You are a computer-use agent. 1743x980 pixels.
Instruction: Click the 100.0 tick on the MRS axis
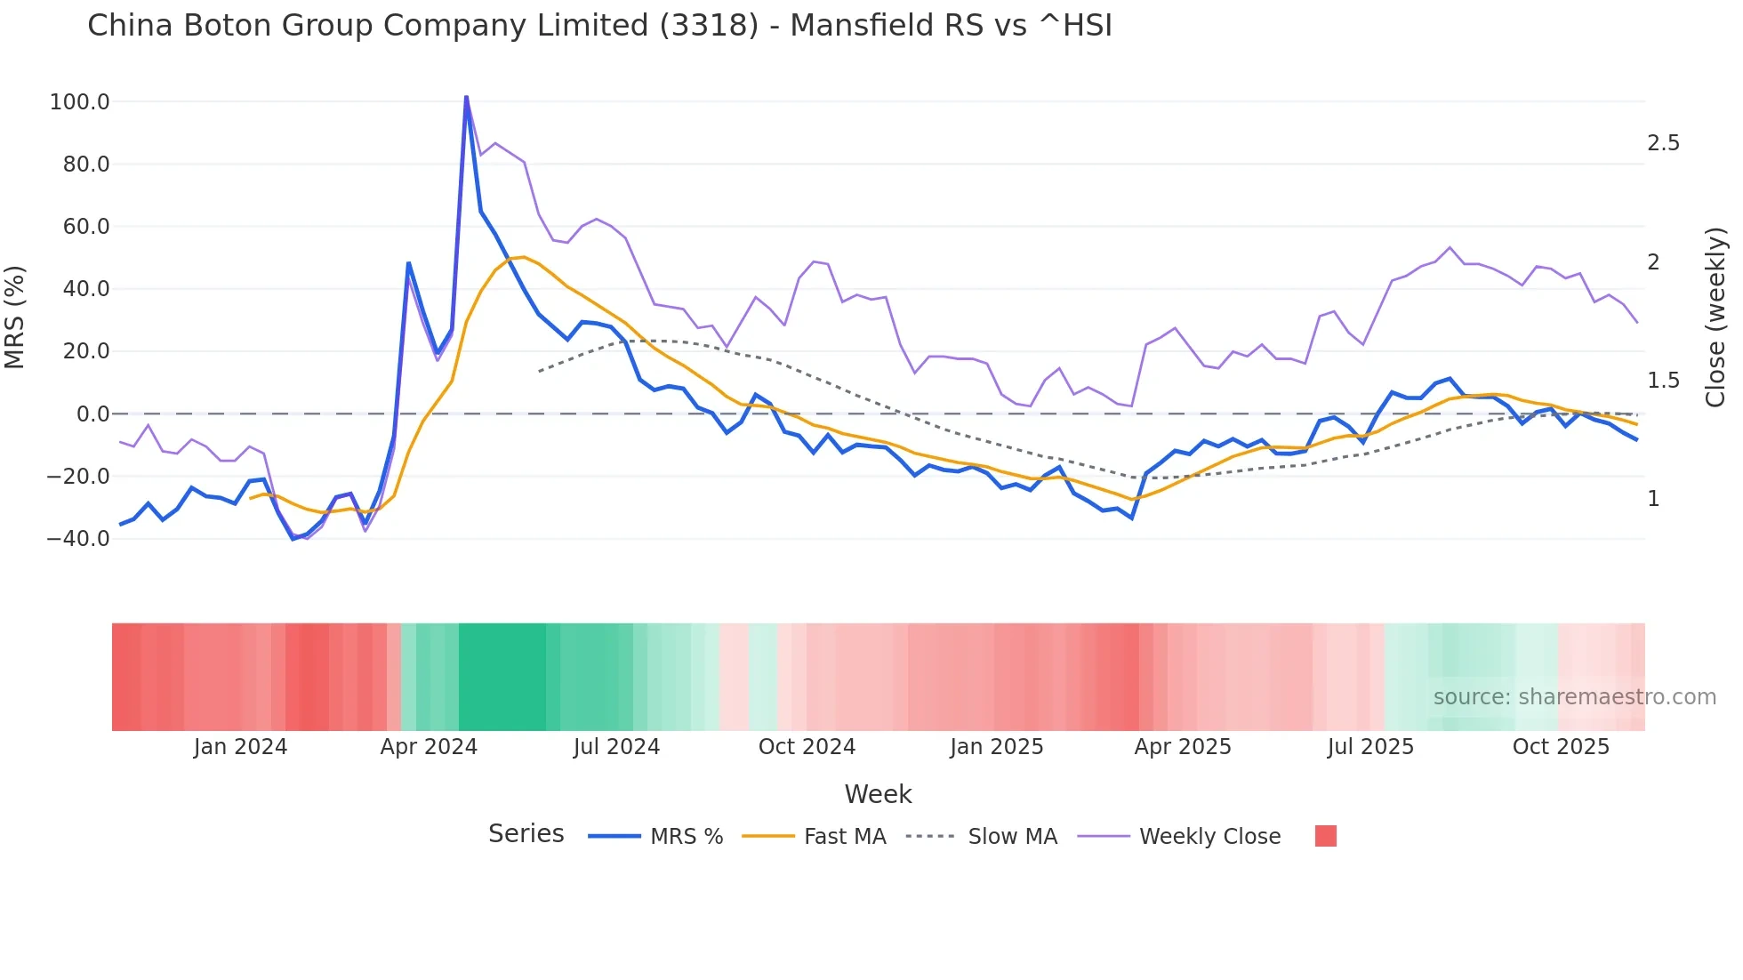80,102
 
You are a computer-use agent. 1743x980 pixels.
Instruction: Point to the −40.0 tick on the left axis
78,539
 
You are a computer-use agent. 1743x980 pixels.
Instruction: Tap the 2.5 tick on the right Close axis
1663,143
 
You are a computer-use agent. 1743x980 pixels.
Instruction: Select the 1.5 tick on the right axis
1663,381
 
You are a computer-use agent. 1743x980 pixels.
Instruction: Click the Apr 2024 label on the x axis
429,747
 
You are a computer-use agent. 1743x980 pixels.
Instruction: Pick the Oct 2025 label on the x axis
1561,747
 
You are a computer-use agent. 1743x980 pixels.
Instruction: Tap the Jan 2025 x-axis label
996,747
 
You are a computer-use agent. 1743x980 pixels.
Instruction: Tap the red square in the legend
1325,836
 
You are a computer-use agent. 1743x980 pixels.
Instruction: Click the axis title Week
878,794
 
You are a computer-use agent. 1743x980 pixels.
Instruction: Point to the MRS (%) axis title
15,317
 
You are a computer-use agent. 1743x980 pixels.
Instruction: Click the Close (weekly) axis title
1715,317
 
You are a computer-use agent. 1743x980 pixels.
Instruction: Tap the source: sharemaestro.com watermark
1574,697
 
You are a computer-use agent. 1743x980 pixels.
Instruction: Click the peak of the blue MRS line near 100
466,98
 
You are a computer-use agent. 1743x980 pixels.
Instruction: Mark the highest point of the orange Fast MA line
524,257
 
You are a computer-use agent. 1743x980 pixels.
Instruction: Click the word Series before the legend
526,834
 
